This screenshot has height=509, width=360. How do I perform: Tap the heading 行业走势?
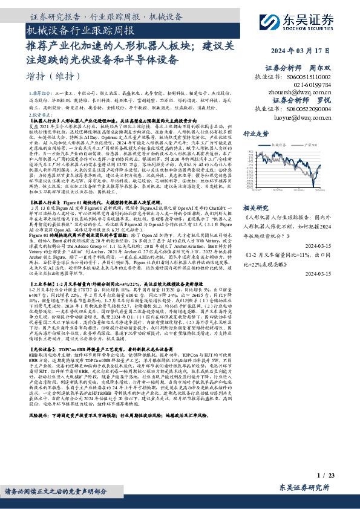click(255, 134)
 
